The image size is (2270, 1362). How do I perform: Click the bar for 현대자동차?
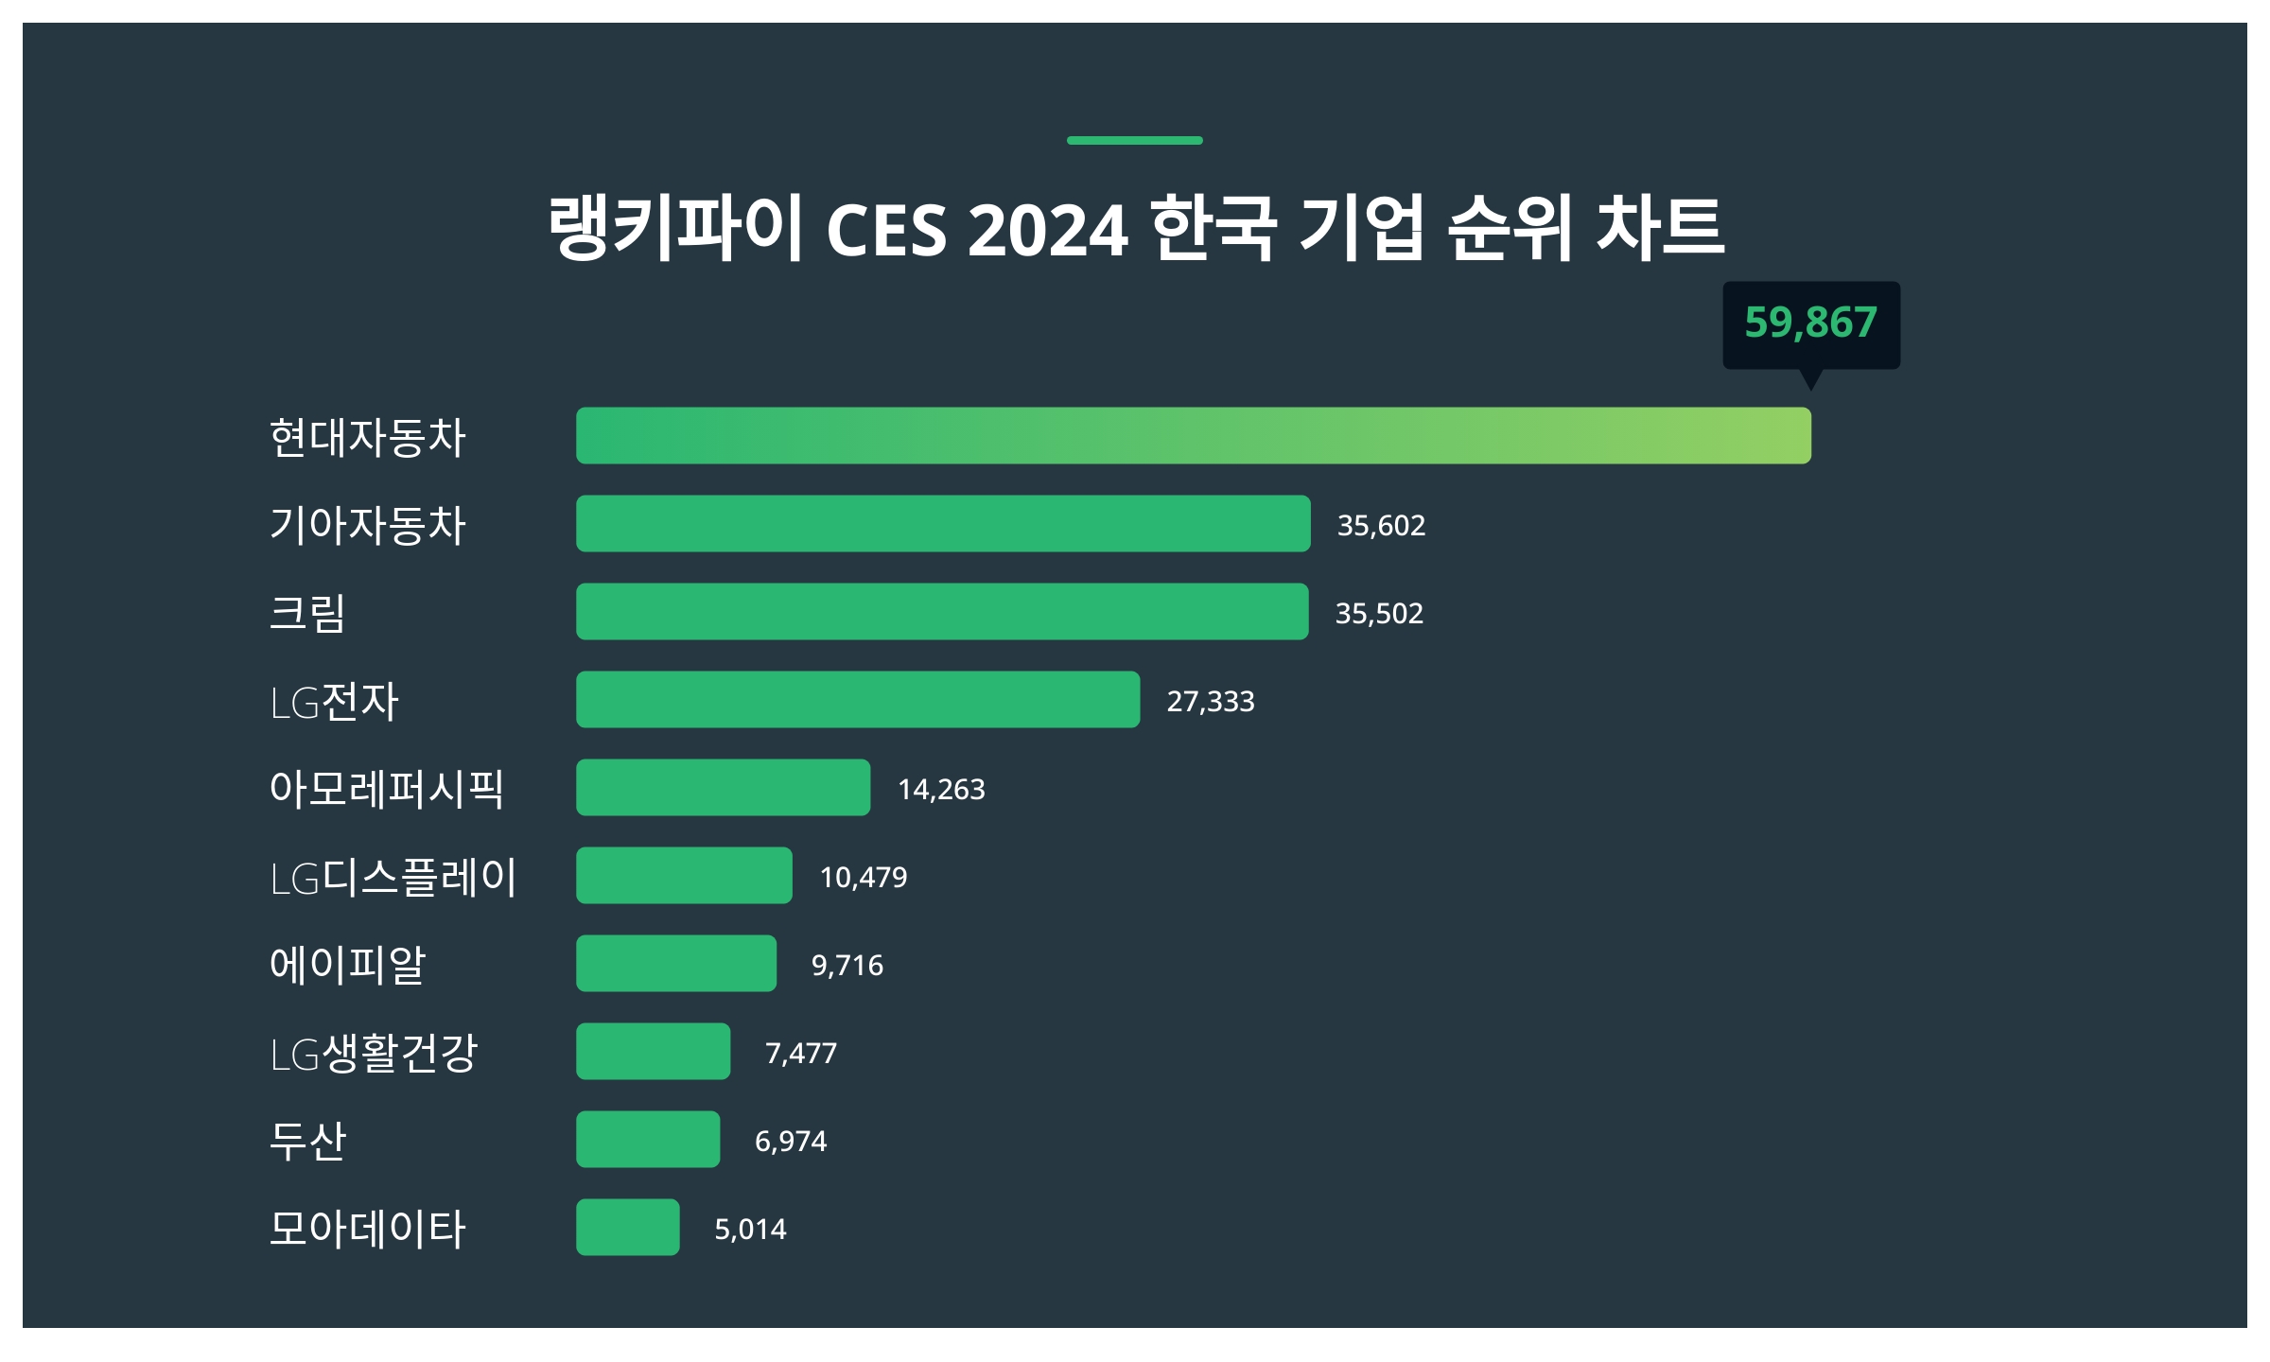coord(1194,436)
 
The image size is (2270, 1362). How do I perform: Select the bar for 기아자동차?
coord(943,524)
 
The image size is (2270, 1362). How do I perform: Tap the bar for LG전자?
coord(858,700)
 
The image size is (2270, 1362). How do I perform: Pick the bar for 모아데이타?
coord(628,1228)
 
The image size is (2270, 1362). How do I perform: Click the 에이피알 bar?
coord(676,964)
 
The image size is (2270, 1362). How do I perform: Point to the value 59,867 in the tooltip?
coord(1810,323)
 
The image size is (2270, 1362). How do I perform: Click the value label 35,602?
coord(1381,526)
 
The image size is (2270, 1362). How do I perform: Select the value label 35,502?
coord(1379,614)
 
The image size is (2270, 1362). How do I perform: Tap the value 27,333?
coord(1211,702)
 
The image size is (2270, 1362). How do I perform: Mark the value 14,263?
coord(941,790)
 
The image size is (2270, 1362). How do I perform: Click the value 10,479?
coord(864,878)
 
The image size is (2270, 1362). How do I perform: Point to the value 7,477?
coord(801,1054)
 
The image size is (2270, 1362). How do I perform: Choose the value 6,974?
coord(791,1142)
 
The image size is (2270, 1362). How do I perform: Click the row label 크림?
coord(308,613)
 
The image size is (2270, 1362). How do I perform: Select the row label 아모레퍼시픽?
coord(387,789)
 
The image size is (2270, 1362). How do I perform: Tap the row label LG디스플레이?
coord(393,877)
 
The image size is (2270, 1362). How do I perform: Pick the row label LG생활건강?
coord(375,1053)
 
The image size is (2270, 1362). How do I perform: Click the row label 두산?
coord(308,1141)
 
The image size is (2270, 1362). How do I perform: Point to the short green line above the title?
coord(1134,141)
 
